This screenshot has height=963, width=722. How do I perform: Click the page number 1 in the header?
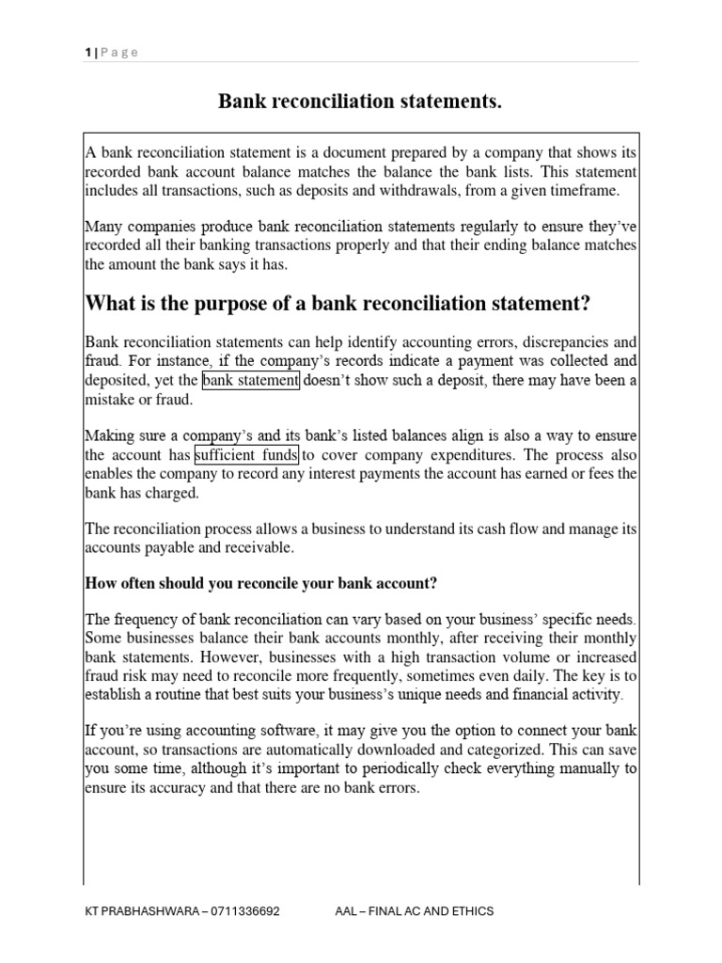[86, 53]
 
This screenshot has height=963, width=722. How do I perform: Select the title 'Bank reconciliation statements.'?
[360, 102]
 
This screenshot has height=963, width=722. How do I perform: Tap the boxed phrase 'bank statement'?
[251, 381]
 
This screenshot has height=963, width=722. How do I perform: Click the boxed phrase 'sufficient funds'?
[246, 456]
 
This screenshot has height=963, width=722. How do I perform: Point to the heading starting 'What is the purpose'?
[337, 303]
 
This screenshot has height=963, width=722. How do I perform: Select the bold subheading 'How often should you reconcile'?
[261, 583]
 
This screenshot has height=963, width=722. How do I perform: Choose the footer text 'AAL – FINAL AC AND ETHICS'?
[415, 911]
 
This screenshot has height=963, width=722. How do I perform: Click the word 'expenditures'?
[477, 456]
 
